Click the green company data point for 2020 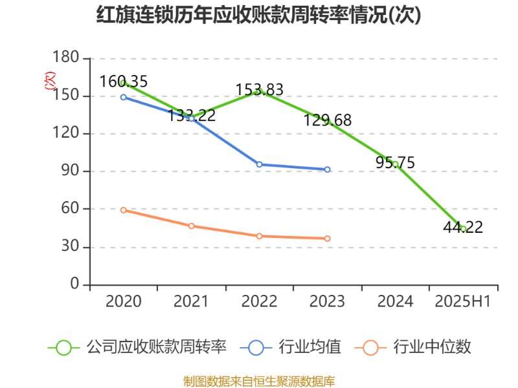(123, 83)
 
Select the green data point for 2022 (259, 92)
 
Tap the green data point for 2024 (395, 164)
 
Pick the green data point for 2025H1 (463, 228)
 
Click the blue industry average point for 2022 (259, 164)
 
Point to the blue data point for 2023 (327, 169)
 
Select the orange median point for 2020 (123, 210)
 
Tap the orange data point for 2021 (191, 226)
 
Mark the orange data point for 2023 (327, 239)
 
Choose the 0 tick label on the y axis (75, 285)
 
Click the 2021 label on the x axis (191, 301)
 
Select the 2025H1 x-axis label (463, 301)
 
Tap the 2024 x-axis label (395, 301)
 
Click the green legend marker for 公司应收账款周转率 (63, 348)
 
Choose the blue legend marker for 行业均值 (256, 348)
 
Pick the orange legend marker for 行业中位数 (370, 348)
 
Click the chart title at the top (259, 16)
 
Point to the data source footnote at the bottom (259, 381)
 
